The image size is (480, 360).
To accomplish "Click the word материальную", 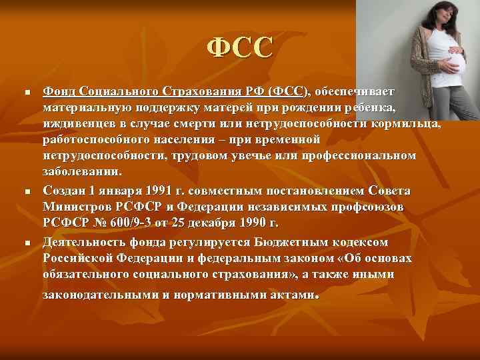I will point(87,107).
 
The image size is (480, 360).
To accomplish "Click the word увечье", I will point(254,156).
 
